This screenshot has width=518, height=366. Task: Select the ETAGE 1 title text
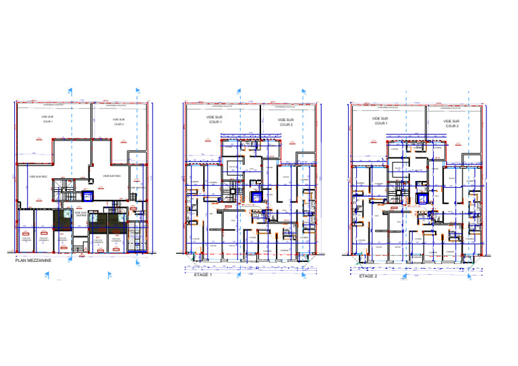(x=202, y=275)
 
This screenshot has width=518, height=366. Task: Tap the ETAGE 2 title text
(x=368, y=276)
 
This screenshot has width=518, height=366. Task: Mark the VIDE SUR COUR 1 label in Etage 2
(x=381, y=121)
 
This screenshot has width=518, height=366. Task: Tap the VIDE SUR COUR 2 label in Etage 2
(x=451, y=124)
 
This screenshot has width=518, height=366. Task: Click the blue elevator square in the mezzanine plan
(x=86, y=196)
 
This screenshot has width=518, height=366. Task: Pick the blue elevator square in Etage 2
(x=422, y=199)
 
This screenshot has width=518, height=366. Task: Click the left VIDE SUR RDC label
(x=38, y=176)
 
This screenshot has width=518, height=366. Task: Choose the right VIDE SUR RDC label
(x=112, y=176)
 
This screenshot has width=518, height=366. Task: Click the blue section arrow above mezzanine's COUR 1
(x=69, y=89)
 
